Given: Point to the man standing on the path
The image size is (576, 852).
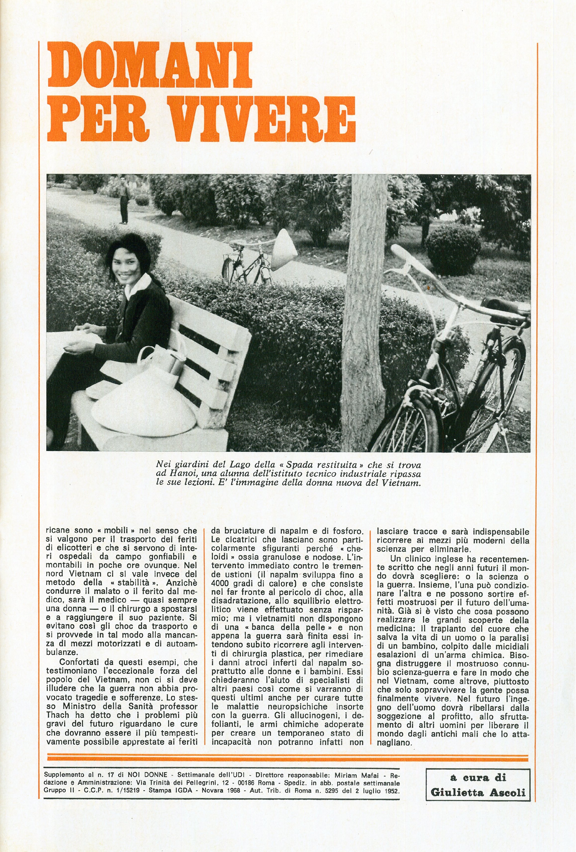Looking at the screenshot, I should point(123,200).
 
